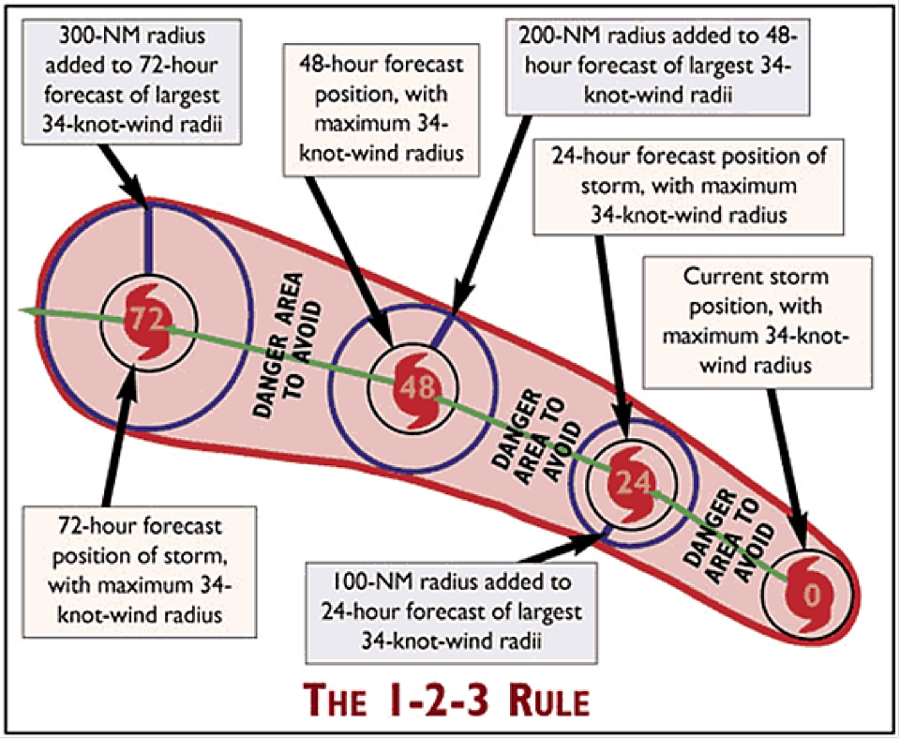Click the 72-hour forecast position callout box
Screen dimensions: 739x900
(142, 567)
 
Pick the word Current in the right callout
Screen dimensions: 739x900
(717, 279)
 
